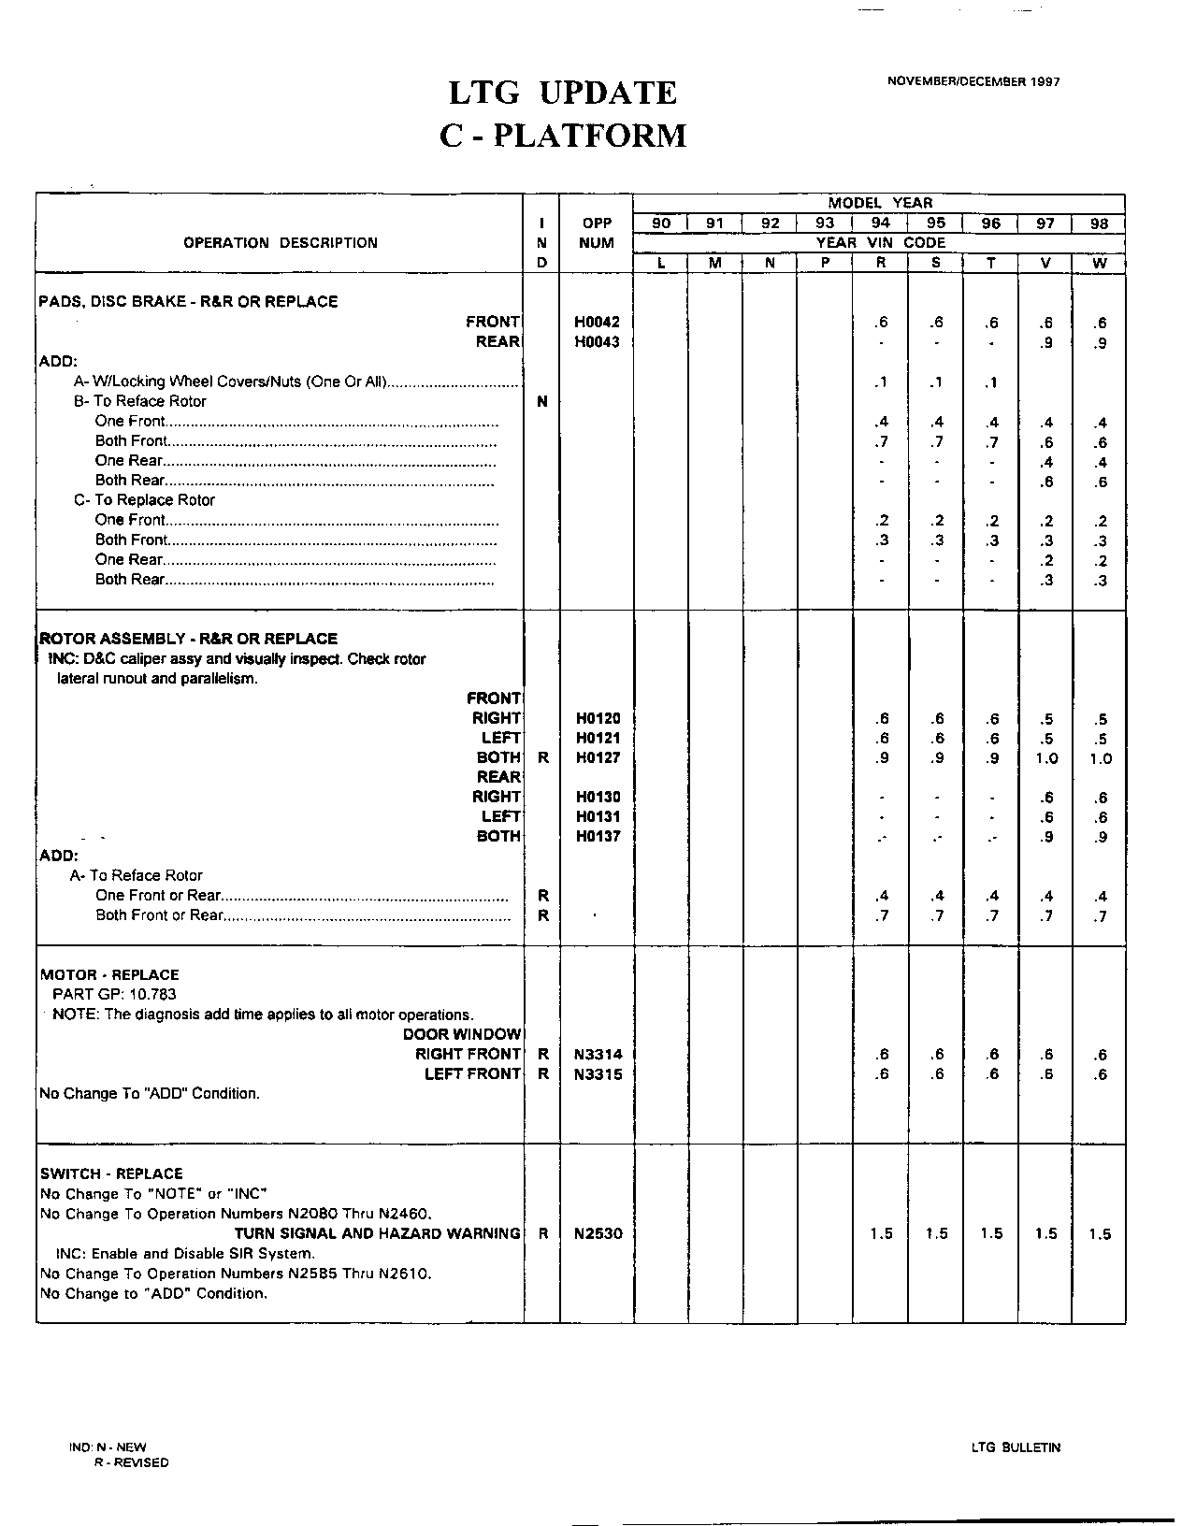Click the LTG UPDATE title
[562, 94]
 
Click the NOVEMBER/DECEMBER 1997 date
[973, 81]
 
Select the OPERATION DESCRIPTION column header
[281, 243]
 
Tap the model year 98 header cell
[1100, 223]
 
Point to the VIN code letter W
[1100, 264]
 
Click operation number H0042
[597, 322]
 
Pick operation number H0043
[597, 342]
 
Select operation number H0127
[597, 758]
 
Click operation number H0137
[597, 837]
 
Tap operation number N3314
[598, 1055]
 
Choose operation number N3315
[598, 1074]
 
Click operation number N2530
[598, 1234]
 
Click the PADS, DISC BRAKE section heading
[188, 302]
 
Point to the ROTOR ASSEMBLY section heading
[188, 639]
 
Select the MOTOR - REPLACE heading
[109, 974]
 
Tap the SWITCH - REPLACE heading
[111, 1173]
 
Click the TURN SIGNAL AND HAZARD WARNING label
[377, 1234]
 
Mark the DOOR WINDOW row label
[462, 1034]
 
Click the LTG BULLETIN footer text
[1016, 1447]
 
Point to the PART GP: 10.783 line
[114, 995]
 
